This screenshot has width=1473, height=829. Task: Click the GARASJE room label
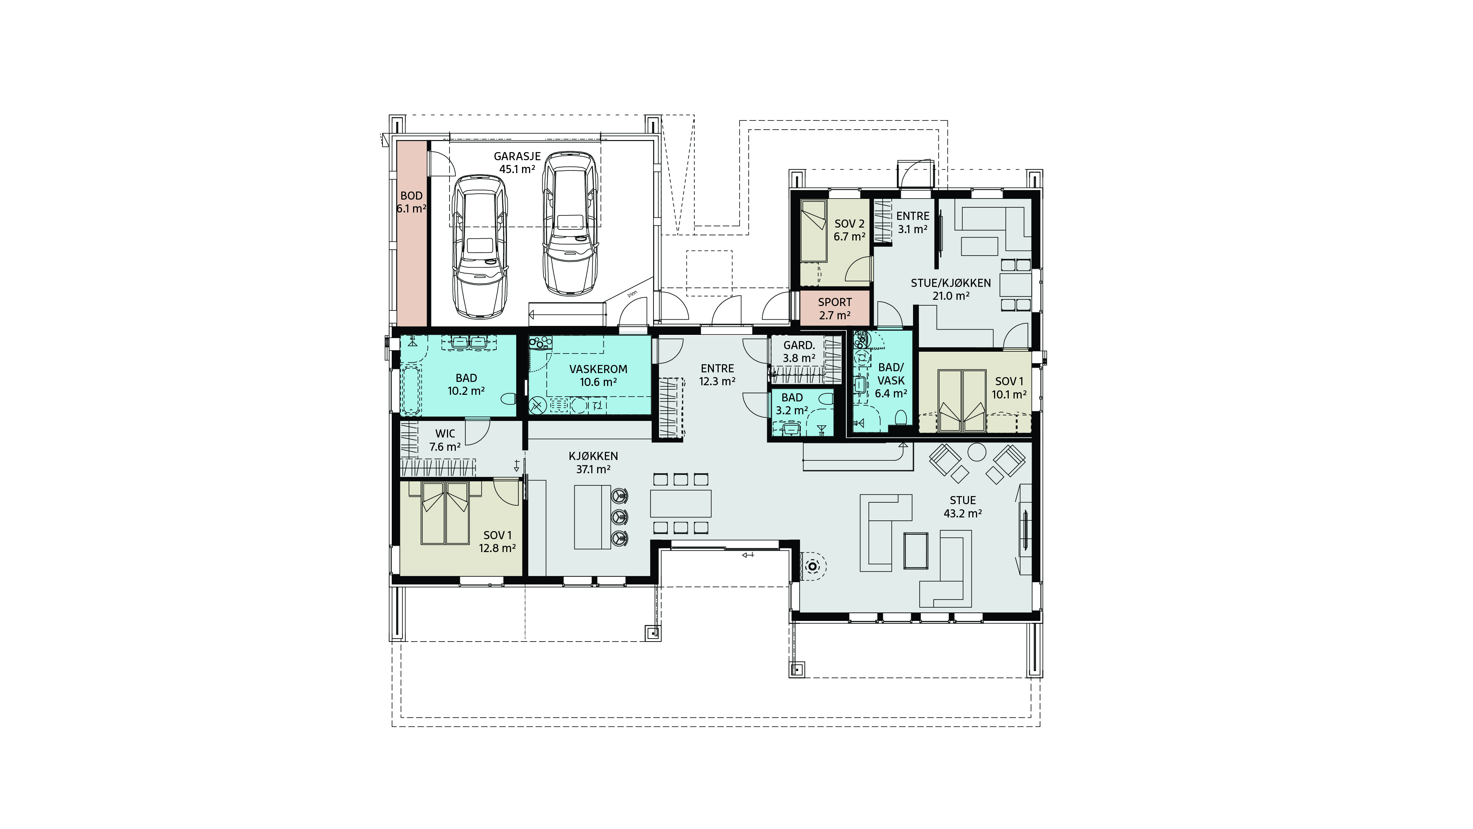tap(517, 156)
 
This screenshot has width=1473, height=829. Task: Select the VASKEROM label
tap(598, 369)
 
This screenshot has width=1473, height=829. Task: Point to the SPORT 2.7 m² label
tap(835, 308)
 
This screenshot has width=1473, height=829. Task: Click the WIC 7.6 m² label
tap(445, 440)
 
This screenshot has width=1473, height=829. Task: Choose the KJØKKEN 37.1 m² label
tap(593, 462)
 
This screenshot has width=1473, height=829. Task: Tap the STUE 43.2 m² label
tap(963, 507)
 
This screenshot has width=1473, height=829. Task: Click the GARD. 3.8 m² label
tap(799, 351)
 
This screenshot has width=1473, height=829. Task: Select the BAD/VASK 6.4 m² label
tap(891, 380)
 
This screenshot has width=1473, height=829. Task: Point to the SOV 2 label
tap(849, 224)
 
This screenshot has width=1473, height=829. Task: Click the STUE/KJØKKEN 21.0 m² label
tap(951, 289)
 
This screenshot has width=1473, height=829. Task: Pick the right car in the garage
tap(570, 224)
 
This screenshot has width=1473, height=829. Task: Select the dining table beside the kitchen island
tap(680, 503)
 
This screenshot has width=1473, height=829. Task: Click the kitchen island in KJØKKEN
tap(592, 517)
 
